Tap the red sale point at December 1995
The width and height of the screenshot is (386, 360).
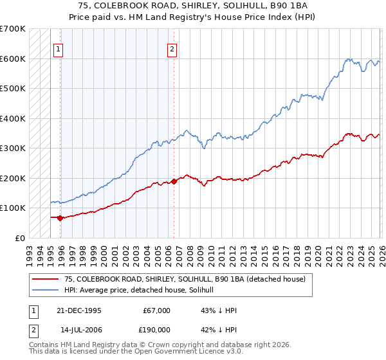coord(60,218)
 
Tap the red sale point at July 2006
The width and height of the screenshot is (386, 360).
coord(174,181)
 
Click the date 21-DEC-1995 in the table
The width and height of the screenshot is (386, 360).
coord(80,310)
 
